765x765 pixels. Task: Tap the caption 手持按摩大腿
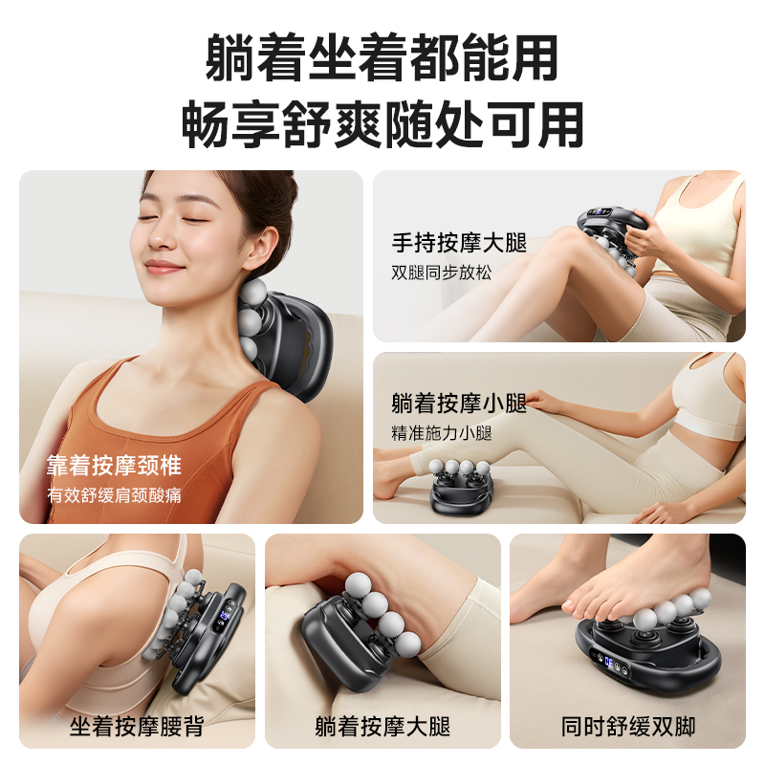[x=459, y=243]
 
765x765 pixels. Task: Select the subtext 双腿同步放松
[x=442, y=272]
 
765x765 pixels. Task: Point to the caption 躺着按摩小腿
[x=459, y=404]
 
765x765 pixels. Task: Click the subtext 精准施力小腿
[x=442, y=432]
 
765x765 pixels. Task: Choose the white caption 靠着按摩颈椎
[x=114, y=467]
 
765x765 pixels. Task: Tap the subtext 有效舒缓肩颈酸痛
[x=114, y=494]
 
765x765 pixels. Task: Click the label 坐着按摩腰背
[x=137, y=726]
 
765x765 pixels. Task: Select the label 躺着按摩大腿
[x=382, y=726]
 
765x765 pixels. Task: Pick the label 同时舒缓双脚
[x=628, y=726]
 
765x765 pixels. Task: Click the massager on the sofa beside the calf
[x=465, y=488]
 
